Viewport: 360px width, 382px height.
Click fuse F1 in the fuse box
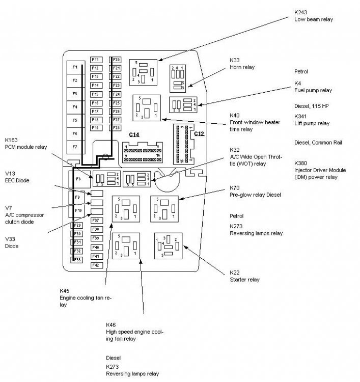[75, 68]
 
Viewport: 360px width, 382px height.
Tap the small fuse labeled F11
[95, 60]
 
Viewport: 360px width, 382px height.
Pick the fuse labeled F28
[117, 128]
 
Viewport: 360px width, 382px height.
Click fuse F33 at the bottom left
[78, 260]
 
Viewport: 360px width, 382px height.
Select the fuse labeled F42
[95, 265]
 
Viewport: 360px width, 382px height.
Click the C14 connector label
[134, 134]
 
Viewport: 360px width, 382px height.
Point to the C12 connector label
[199, 134]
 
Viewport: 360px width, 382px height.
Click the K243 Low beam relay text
[313, 16]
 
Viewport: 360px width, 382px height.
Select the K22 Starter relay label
[244, 276]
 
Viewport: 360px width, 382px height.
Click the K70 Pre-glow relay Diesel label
[255, 192]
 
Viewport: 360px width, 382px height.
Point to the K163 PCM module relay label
[26, 143]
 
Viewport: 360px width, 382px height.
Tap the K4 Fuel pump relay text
[313, 87]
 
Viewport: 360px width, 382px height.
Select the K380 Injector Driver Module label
[320, 170]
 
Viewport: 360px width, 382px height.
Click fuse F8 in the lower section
[78, 179]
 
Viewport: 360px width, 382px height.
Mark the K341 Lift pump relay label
[312, 120]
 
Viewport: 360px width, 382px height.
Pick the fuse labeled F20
[117, 60]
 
